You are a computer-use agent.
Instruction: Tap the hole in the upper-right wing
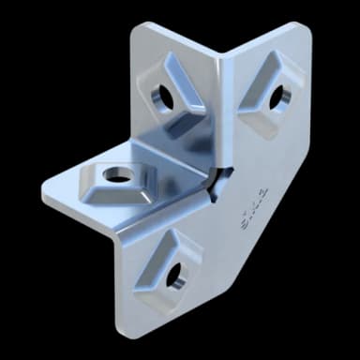point(277,96)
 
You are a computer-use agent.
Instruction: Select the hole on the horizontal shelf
point(116,173)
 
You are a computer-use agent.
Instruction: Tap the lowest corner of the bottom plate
point(127,330)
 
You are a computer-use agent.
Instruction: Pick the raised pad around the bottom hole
point(169,272)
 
